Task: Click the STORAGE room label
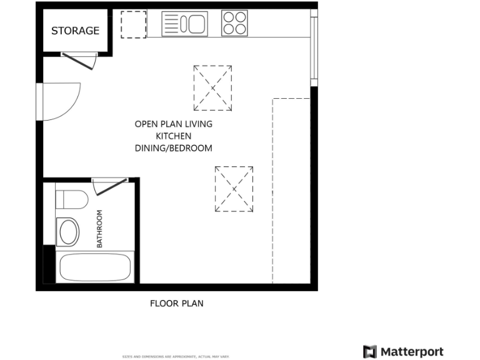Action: pyautogui.click(x=75, y=31)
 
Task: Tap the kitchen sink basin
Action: pyautogui.click(x=194, y=24)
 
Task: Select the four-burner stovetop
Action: pyautogui.click(x=234, y=24)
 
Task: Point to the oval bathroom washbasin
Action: pyautogui.click(x=68, y=232)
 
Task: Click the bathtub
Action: pyautogui.click(x=95, y=267)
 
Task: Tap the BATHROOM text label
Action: pyautogui.click(x=99, y=229)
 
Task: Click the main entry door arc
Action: pyautogui.click(x=61, y=101)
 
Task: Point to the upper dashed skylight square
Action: pyautogui.click(x=212, y=87)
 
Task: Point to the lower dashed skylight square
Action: pyautogui.click(x=234, y=189)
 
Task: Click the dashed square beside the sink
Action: pyautogui.click(x=133, y=24)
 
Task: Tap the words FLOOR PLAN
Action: pyautogui.click(x=177, y=304)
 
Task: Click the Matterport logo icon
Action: pyautogui.click(x=370, y=351)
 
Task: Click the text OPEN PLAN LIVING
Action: pyautogui.click(x=174, y=124)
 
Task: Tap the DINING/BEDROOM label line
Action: pyautogui.click(x=174, y=148)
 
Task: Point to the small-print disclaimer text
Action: pyautogui.click(x=176, y=356)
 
